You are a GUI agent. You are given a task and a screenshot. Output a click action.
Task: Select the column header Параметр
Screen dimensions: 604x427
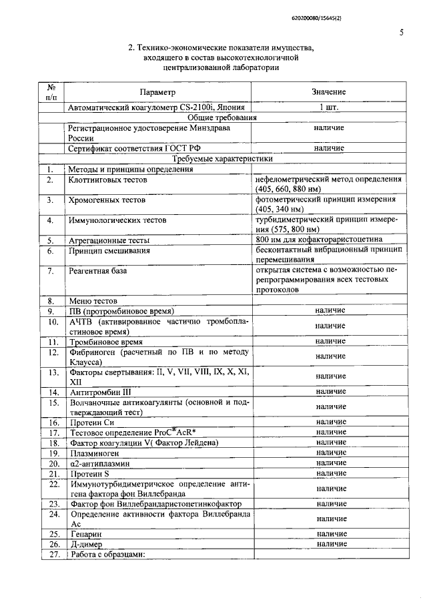click(158, 91)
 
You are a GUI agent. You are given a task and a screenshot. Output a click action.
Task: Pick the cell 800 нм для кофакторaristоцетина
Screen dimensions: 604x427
click(319, 240)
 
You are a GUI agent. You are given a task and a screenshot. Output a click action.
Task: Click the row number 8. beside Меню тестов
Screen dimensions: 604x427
click(50, 301)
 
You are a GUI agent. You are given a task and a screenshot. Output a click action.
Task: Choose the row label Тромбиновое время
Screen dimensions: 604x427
click(105, 341)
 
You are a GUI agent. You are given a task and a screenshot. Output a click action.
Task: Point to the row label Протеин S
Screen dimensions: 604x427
click(89, 473)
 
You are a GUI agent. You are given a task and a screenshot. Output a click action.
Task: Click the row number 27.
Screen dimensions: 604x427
click(50, 555)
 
